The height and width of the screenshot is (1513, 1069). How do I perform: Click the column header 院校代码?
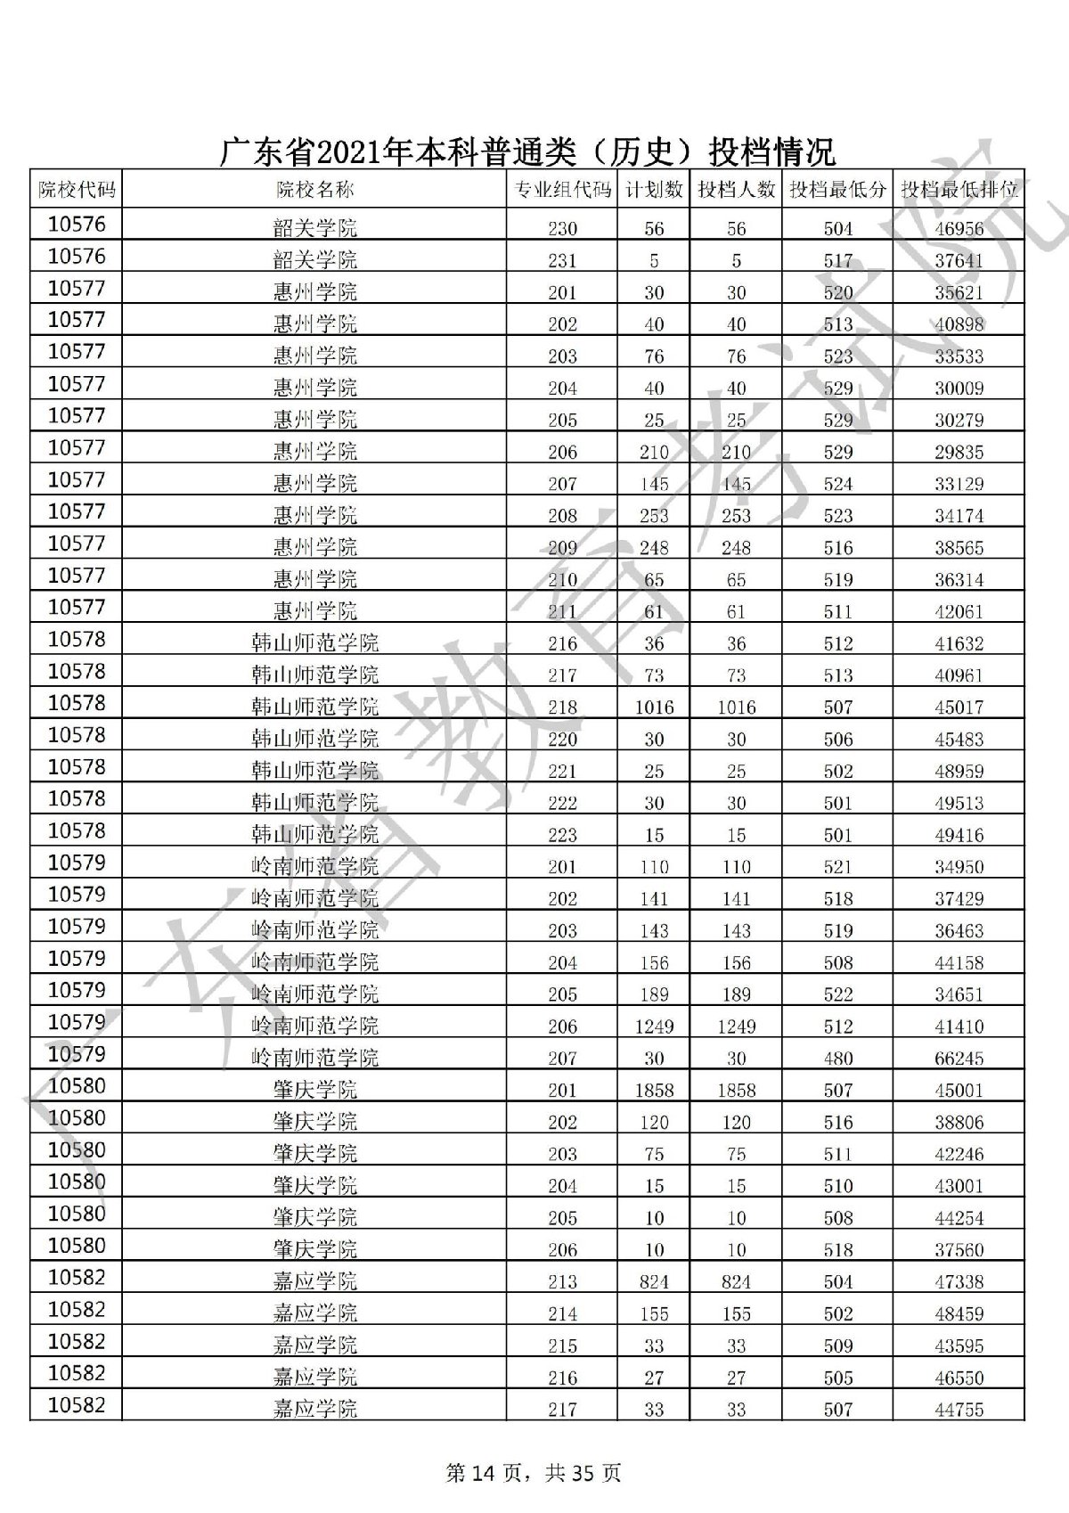click(76, 190)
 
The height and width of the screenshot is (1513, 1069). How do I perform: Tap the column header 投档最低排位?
click(959, 190)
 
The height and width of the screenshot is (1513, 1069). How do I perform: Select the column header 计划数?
click(654, 190)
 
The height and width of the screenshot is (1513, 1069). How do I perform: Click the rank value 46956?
click(959, 229)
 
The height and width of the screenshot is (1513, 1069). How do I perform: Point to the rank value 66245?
click(959, 1059)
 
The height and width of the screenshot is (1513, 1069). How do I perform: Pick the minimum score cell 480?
click(837, 1059)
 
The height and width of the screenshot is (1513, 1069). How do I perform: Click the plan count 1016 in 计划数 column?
click(654, 707)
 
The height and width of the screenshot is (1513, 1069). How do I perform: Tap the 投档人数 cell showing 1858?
click(736, 1091)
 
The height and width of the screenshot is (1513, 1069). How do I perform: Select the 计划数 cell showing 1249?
click(654, 1026)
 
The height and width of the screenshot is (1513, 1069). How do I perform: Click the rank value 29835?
click(959, 453)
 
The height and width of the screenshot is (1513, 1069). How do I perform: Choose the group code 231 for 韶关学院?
click(562, 261)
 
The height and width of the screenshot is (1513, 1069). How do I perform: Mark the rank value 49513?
click(959, 804)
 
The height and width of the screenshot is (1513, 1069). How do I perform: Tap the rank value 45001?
click(959, 1091)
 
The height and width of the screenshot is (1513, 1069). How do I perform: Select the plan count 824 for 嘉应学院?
click(654, 1282)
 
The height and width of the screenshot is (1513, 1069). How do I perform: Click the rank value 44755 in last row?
click(959, 1410)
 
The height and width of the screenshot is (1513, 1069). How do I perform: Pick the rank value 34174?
click(959, 516)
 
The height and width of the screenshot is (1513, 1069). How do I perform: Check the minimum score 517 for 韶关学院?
click(837, 261)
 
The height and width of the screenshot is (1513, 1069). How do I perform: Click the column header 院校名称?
click(314, 190)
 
